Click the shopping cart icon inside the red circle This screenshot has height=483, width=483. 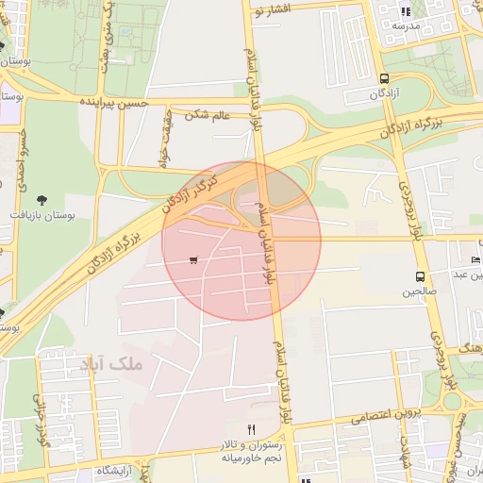pyautogui.click(x=193, y=260)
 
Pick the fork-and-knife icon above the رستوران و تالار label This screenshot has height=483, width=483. pyautogui.click(x=251, y=430)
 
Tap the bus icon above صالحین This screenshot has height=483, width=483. pyautogui.click(x=418, y=277)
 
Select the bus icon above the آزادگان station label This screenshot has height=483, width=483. pyautogui.click(x=384, y=79)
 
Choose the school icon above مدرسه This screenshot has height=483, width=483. pyautogui.click(x=407, y=12)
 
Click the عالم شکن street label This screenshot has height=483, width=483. pyautogui.click(x=208, y=115)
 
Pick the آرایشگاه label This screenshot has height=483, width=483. pyautogui.click(x=114, y=470)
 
